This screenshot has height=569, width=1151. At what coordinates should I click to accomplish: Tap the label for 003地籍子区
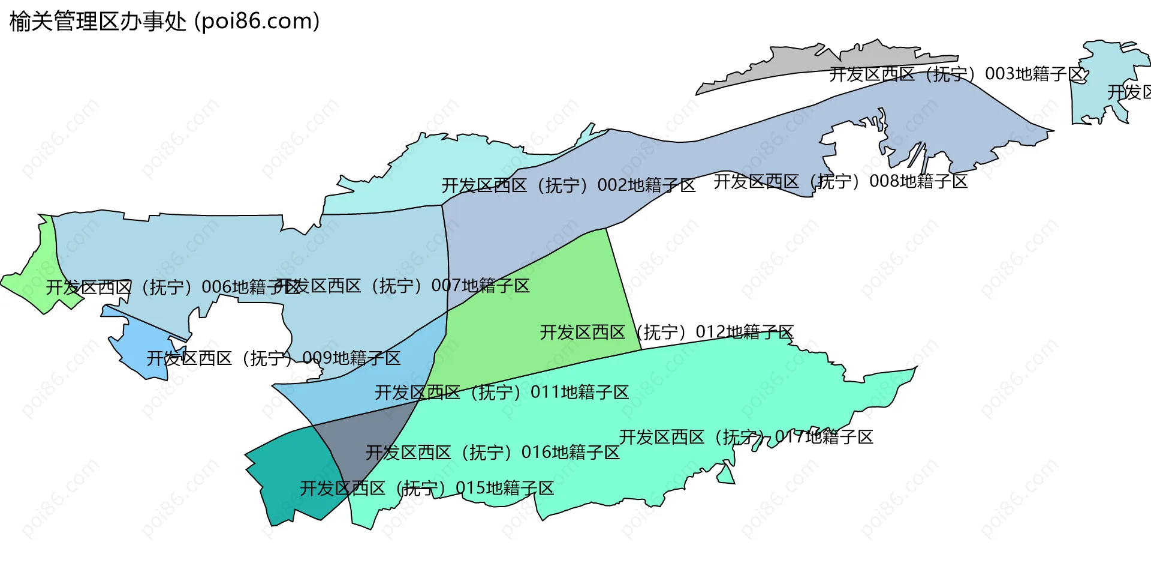pos(957,74)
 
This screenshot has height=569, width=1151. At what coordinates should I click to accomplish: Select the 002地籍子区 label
pos(568,185)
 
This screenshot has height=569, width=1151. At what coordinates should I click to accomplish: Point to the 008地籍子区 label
pos(840,181)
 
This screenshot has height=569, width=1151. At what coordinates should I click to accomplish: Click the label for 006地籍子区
pos(173,288)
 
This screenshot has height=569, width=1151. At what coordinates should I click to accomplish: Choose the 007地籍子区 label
pos(403,286)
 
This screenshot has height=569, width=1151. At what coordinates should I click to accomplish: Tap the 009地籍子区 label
pos(274,358)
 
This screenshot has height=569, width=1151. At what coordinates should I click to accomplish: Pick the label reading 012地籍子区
pos(667,332)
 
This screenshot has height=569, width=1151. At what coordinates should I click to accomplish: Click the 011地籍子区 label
pos(502,393)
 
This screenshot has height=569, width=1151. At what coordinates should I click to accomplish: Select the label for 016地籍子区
pos(493,453)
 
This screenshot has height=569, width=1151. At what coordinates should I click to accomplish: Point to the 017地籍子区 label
pos(746,437)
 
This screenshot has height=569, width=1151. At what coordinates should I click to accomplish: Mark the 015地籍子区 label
pos(427,488)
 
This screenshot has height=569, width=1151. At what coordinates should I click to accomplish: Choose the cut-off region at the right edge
pos(1109,78)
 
